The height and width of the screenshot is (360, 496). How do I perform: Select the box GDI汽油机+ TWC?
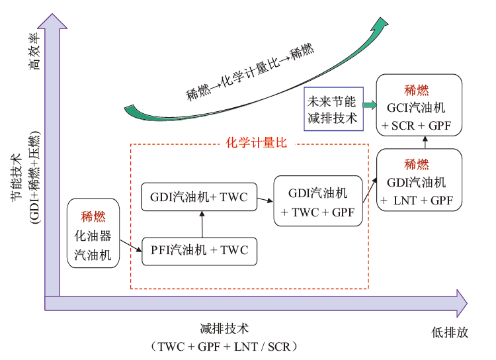point(199,197)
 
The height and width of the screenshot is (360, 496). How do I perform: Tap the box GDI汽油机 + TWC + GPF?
point(318,202)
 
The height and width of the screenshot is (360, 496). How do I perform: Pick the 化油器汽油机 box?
point(94,234)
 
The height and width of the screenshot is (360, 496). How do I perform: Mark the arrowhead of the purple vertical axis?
point(52,21)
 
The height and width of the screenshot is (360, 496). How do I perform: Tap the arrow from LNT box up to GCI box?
point(424,142)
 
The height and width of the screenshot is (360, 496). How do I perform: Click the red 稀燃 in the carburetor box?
point(93,215)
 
